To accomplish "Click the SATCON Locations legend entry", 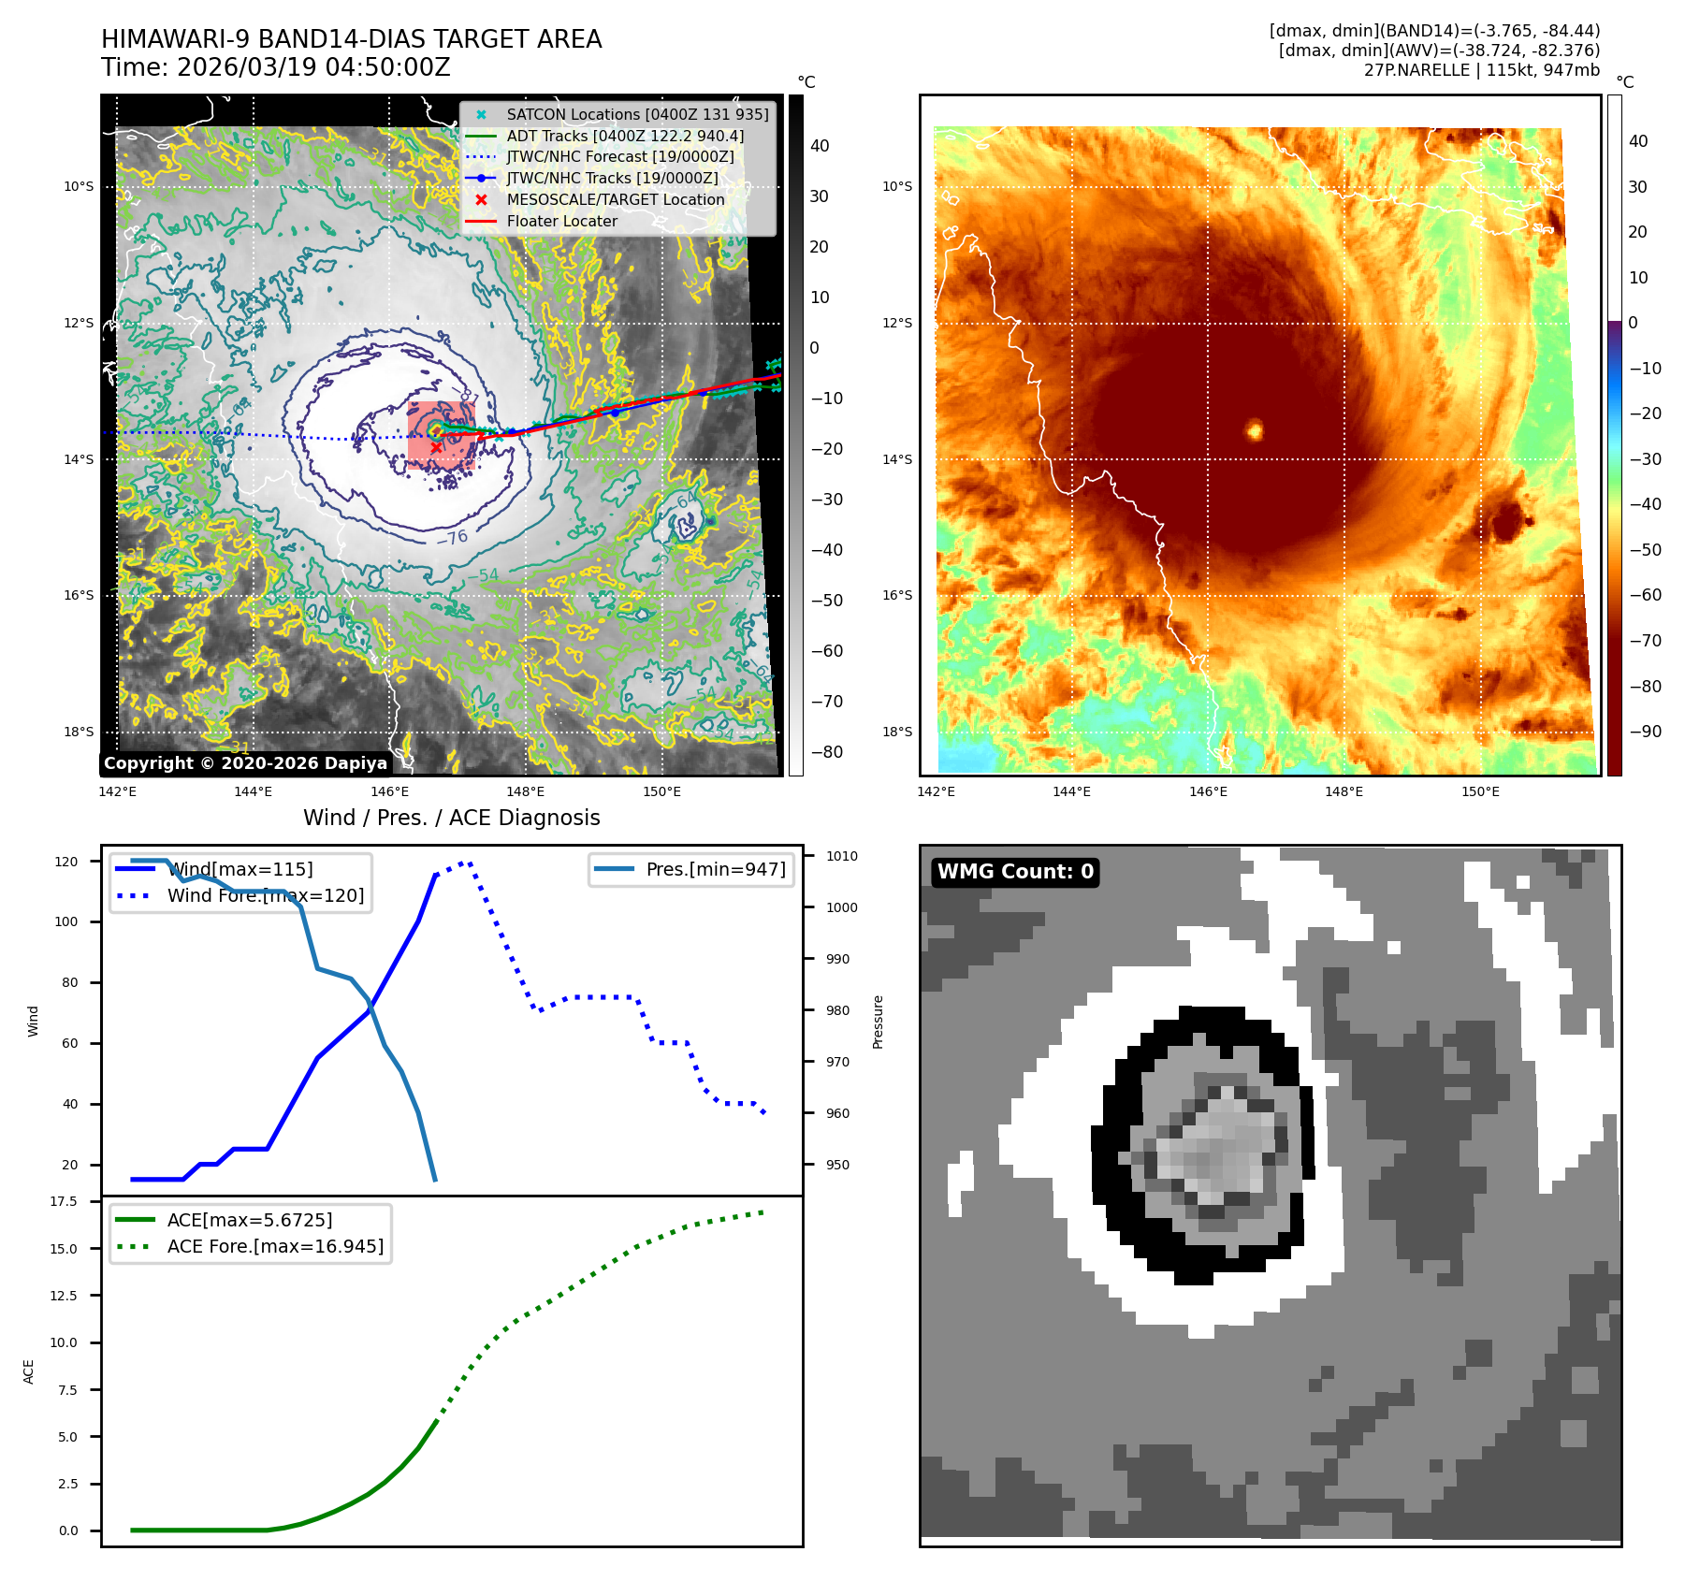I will tap(637, 114).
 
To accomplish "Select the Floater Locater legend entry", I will tap(561, 221).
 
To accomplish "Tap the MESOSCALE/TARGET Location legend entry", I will tap(615, 199).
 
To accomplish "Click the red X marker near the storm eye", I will tap(436, 448).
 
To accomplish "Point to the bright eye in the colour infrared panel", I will tap(1255, 430).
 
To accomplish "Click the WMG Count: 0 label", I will tap(1015, 872).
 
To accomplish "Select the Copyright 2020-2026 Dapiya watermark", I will tap(245, 763).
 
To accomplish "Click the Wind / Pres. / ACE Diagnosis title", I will tap(451, 818).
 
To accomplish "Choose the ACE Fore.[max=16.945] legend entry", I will tap(275, 1246).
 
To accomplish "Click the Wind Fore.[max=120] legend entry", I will tap(266, 895).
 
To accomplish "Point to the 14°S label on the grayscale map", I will tap(79, 459).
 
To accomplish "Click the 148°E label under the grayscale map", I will tap(525, 791).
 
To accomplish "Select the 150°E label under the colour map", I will tap(1480, 791).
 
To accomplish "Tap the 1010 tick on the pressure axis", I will tap(842, 856).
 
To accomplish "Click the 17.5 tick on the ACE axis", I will tap(64, 1201).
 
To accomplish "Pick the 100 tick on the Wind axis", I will tap(66, 921).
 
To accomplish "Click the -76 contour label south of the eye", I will tap(452, 538).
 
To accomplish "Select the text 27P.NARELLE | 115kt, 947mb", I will tap(1481, 70).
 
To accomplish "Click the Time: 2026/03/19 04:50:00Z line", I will tap(276, 67).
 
